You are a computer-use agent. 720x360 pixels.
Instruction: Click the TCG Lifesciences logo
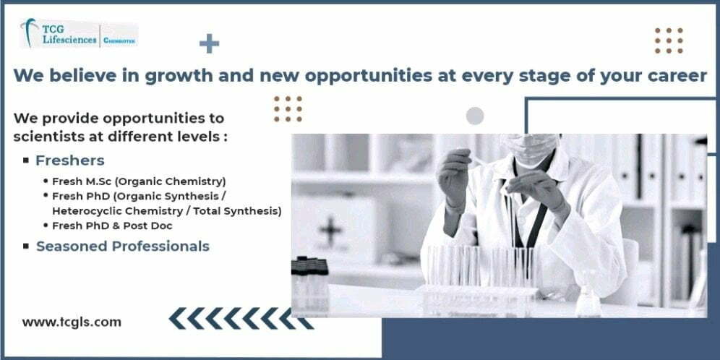tap(79, 33)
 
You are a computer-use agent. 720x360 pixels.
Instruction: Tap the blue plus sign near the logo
tap(209, 43)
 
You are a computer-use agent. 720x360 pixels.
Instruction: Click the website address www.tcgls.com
tap(72, 322)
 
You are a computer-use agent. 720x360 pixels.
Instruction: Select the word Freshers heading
tap(70, 160)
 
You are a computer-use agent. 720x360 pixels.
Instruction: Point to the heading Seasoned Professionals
tap(123, 247)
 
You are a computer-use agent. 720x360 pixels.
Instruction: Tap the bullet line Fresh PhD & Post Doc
tap(112, 226)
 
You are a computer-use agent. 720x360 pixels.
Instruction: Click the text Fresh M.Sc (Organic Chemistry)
tap(139, 181)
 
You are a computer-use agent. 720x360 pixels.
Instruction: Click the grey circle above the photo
tap(475, 116)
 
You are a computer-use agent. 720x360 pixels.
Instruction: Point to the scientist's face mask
tap(532, 148)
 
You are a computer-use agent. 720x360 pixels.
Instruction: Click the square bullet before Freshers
tap(26, 160)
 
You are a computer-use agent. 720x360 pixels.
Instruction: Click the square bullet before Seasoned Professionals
tap(26, 247)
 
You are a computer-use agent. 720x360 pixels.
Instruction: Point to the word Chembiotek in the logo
tap(119, 40)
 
